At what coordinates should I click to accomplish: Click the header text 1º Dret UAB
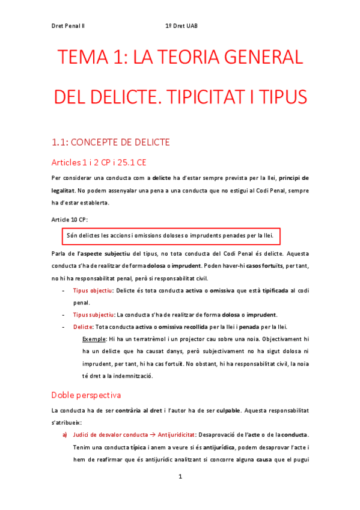point(181,26)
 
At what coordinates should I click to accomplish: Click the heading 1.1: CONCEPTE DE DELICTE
point(111,142)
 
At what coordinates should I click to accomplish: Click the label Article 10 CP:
point(70,220)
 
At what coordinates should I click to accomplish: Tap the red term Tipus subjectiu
point(93,315)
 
